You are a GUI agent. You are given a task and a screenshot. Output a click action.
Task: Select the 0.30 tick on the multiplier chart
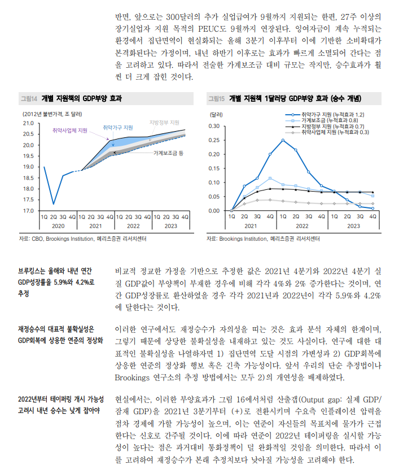point(214,125)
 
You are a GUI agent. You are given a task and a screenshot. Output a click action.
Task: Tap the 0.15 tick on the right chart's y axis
point(214,168)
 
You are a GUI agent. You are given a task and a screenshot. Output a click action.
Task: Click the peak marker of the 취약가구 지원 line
point(283,140)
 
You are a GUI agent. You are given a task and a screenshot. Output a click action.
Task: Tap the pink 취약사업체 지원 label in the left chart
point(69,131)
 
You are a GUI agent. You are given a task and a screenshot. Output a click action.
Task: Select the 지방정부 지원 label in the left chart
point(164,123)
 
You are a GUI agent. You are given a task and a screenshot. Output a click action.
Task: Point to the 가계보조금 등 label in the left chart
point(169,153)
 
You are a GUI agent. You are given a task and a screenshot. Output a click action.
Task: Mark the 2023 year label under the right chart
point(353,225)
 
